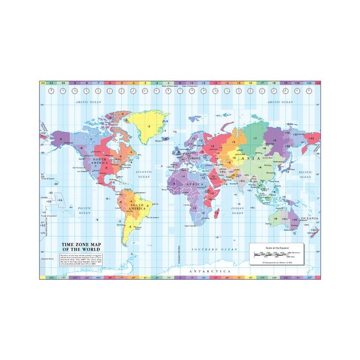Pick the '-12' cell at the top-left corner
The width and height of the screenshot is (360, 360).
pyautogui.click(x=43, y=82)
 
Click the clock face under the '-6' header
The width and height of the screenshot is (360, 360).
pyautogui.click(x=110, y=91)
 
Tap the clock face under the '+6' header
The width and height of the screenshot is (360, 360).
pyautogui.click(x=250, y=91)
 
